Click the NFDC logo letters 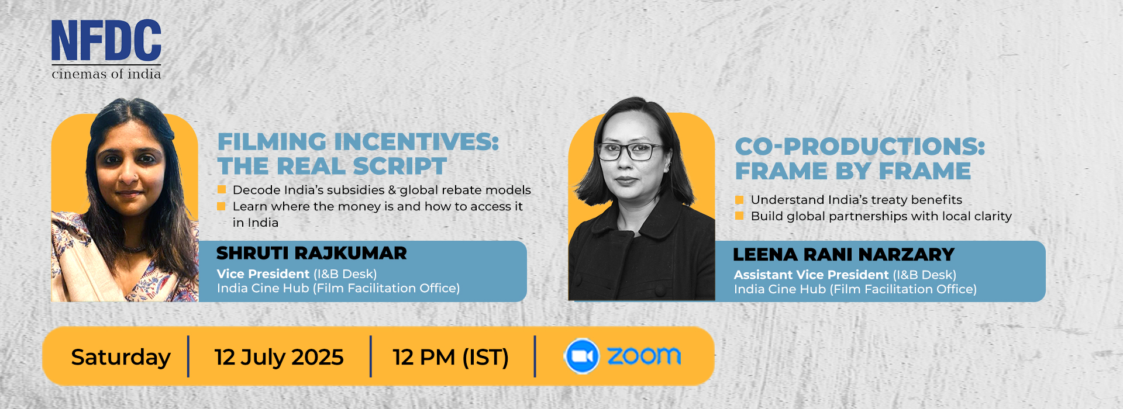click(x=106, y=40)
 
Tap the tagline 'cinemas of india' click(x=106, y=74)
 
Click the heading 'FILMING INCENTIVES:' click(x=358, y=142)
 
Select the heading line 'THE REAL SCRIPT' click(x=332, y=166)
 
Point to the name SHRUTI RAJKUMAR click(x=312, y=253)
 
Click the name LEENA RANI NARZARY click(x=843, y=255)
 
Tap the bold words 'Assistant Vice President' click(x=811, y=275)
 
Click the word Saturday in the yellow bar click(x=120, y=357)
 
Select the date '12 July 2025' click(x=279, y=357)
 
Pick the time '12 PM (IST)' click(x=450, y=357)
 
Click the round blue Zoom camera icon click(x=581, y=356)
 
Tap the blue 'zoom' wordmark click(x=644, y=355)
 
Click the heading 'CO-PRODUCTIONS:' click(x=860, y=147)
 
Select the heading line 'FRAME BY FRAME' click(x=853, y=171)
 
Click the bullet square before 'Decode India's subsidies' click(x=222, y=189)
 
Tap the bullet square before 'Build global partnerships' click(x=739, y=216)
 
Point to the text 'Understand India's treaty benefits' click(x=856, y=200)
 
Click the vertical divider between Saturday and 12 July click(x=188, y=356)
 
